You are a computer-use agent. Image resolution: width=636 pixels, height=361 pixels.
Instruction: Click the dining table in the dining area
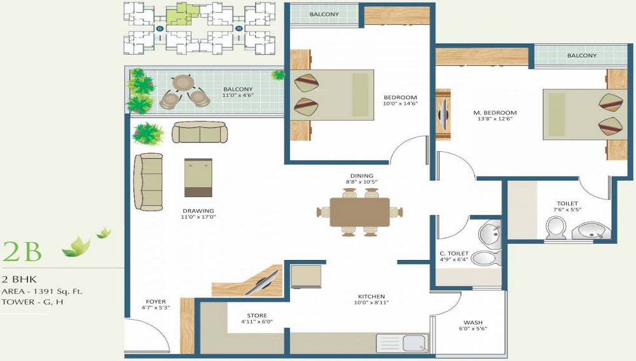point(359,212)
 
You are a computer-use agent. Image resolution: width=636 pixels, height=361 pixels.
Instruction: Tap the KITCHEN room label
point(371,297)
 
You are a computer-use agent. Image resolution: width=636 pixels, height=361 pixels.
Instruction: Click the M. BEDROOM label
point(495,113)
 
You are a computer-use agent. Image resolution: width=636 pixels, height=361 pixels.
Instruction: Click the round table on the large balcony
point(183,83)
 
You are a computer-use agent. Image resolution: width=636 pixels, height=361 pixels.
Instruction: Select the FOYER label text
point(155,302)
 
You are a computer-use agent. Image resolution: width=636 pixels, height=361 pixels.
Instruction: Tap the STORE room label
point(257,316)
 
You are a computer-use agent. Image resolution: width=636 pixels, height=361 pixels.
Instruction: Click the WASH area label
point(472,322)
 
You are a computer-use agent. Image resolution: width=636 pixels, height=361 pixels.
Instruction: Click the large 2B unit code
point(22,252)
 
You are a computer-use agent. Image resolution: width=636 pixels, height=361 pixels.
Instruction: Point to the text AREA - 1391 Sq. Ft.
point(42,291)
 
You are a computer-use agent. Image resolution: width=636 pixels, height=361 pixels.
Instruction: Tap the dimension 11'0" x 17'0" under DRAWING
point(197,218)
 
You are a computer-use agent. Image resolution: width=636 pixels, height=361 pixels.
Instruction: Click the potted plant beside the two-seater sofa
point(148,133)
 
